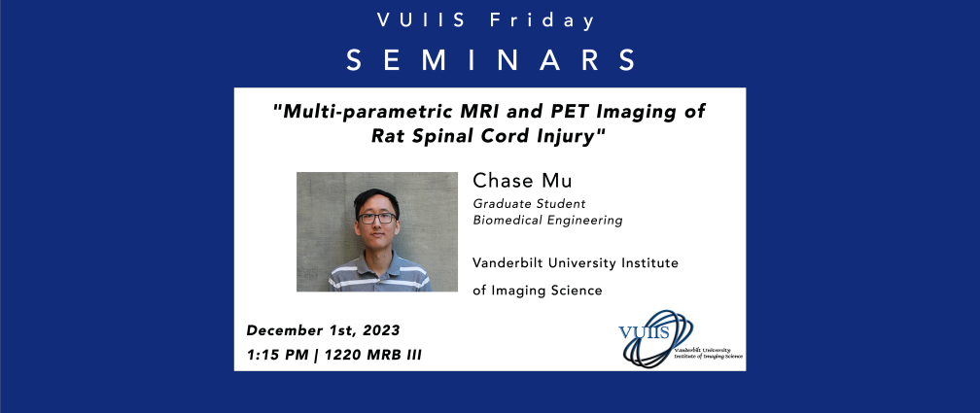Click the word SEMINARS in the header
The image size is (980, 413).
click(x=491, y=60)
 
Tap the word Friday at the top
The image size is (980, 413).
click(x=542, y=21)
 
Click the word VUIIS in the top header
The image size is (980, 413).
click(x=421, y=20)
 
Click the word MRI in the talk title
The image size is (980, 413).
click(x=508, y=112)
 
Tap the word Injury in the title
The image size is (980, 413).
click(x=572, y=136)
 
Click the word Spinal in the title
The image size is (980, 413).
click(x=445, y=136)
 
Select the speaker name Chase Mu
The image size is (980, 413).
click(x=522, y=181)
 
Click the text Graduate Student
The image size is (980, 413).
click(x=529, y=204)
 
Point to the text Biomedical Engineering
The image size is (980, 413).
click(x=547, y=220)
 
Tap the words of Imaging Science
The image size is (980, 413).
click(x=538, y=291)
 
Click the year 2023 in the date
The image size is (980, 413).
click(x=381, y=329)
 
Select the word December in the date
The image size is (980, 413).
click(x=281, y=329)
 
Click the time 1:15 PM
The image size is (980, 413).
click(x=277, y=356)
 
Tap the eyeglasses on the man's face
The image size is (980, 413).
click(x=377, y=218)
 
